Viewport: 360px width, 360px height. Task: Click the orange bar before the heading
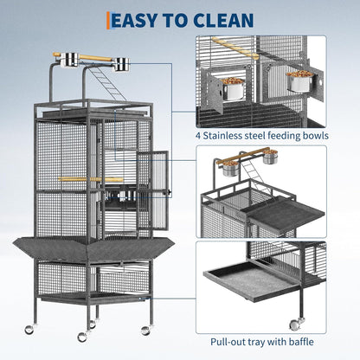coord(107,19)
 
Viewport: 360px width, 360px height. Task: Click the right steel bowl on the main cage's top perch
coord(121,64)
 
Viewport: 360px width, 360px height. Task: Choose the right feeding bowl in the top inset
coord(300,80)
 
